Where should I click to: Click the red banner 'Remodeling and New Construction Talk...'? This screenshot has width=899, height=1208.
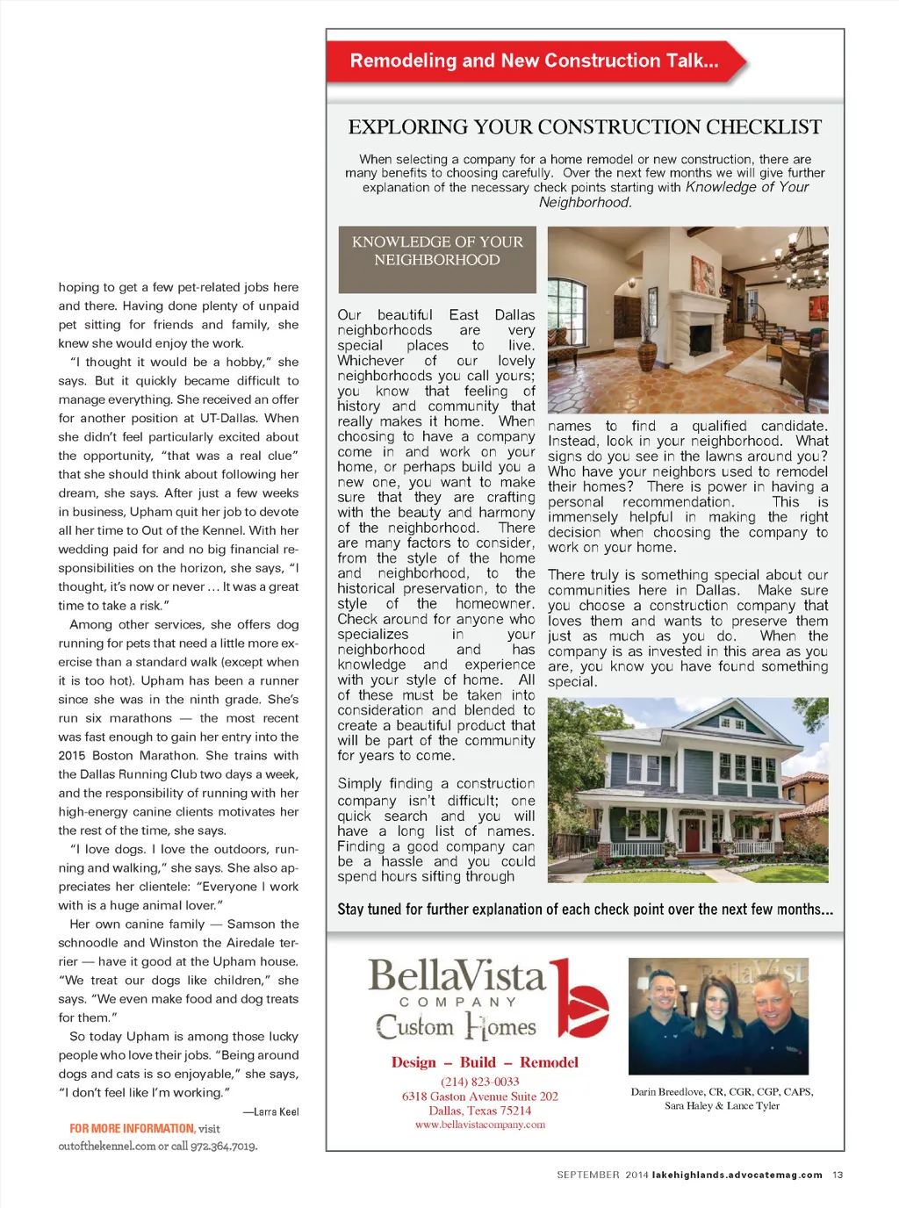point(534,61)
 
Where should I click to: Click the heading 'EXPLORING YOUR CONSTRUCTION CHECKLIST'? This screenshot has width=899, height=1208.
point(585,127)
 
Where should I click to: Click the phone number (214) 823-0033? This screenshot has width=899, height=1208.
point(480,1082)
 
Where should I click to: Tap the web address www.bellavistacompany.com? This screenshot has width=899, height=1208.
point(480,1125)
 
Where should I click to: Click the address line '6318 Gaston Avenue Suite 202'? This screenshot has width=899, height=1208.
point(480,1097)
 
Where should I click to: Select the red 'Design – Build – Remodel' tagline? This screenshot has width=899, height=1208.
point(485,1062)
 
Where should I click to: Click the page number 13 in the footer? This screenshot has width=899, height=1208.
point(838,1175)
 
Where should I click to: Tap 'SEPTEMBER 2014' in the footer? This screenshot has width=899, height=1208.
point(602,1175)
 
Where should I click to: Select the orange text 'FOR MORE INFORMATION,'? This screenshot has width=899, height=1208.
point(132,1129)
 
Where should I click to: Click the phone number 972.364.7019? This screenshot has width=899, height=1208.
point(224,1147)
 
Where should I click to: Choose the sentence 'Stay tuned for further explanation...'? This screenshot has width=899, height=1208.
point(585,910)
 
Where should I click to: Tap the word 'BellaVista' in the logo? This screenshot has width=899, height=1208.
point(457,976)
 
